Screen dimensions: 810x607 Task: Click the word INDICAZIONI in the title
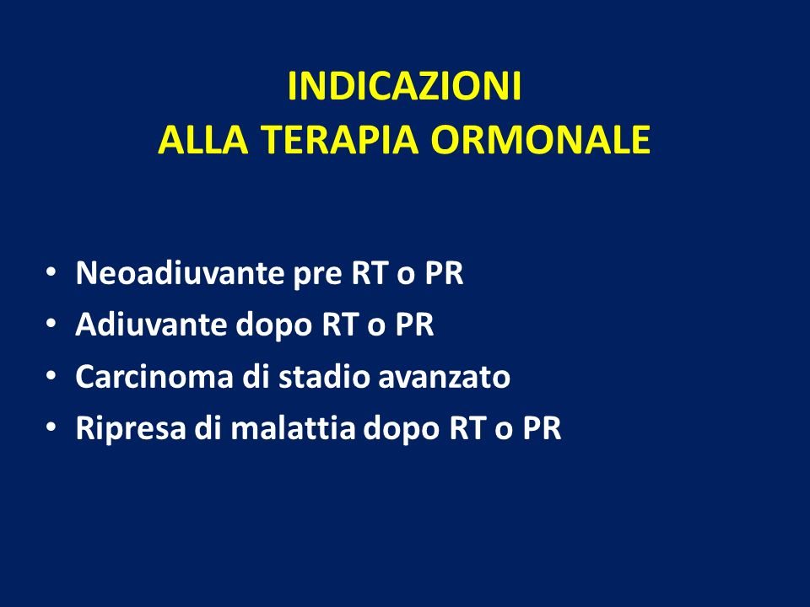pos(404,86)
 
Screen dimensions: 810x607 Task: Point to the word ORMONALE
pos(540,139)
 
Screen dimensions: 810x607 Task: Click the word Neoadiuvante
pos(180,272)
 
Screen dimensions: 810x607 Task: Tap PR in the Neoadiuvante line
pos(444,272)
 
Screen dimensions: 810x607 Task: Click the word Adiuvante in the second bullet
pos(151,324)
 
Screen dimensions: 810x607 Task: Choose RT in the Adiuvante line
pos(340,325)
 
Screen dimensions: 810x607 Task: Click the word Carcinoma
pos(154,376)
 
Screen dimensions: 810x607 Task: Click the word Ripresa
pos(131,429)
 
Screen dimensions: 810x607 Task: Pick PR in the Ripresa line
pos(542,428)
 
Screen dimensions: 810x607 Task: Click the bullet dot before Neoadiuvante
pos(51,271)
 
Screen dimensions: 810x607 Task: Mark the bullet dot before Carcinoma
pos(51,375)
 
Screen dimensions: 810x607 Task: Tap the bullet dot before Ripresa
pos(51,427)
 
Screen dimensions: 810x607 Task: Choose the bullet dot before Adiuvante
pos(51,324)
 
